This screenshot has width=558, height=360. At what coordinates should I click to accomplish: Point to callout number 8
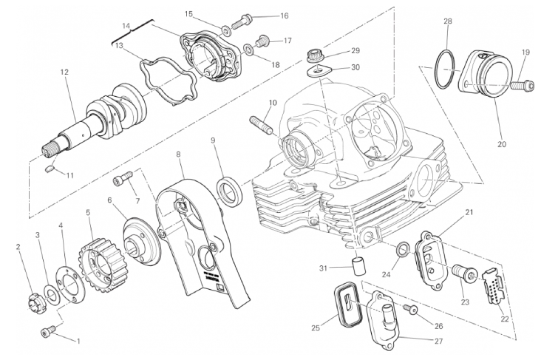[x=178, y=154]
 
